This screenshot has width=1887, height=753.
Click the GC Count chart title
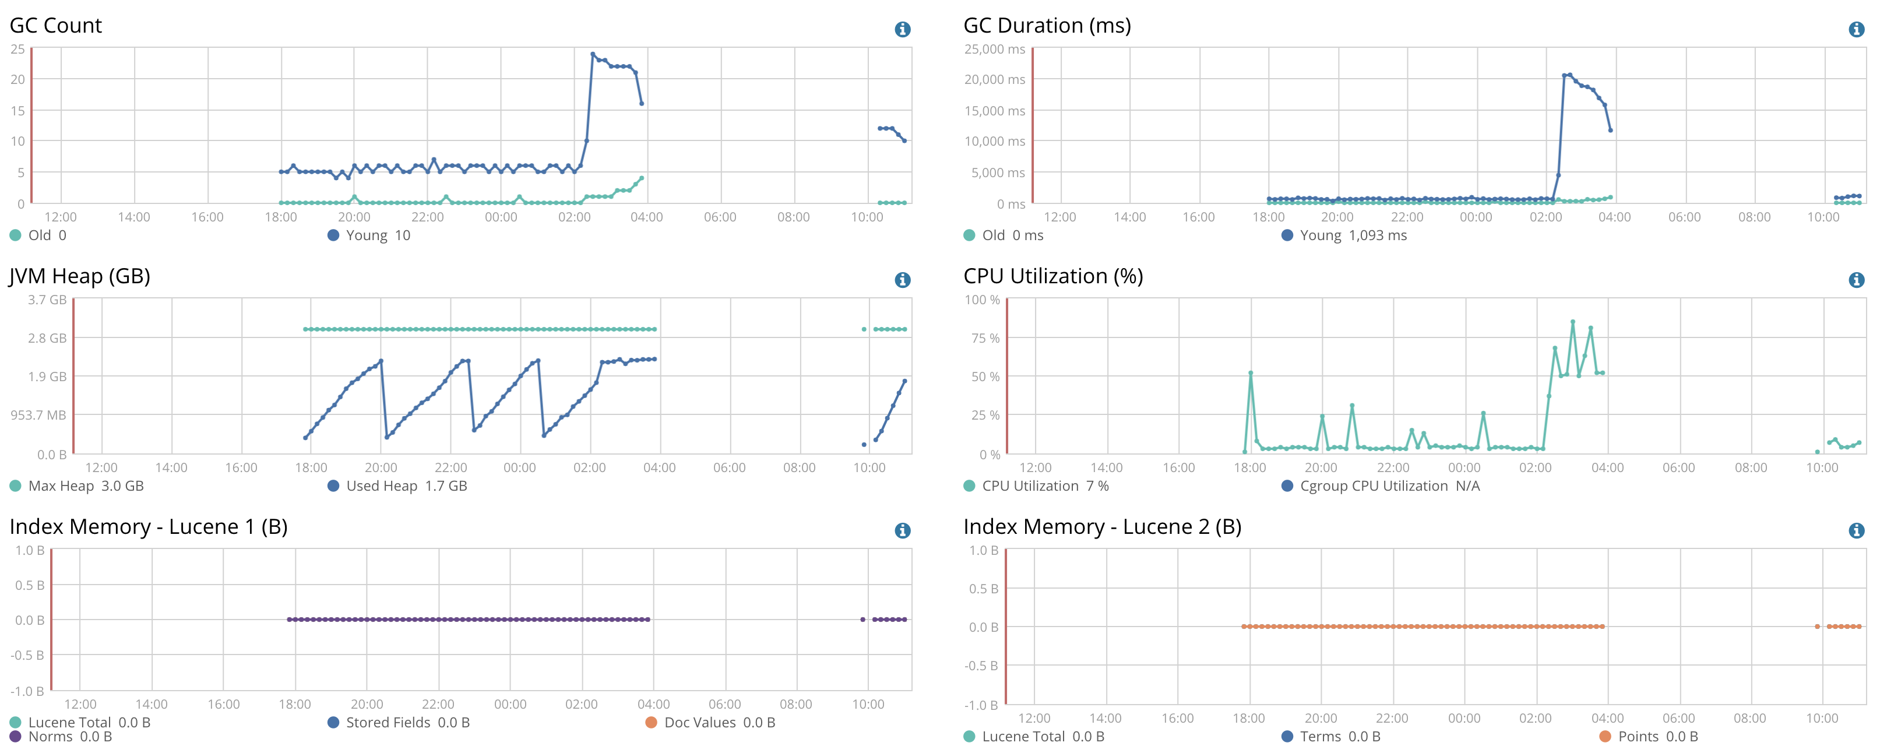(56, 26)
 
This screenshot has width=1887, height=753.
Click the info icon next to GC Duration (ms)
(1856, 29)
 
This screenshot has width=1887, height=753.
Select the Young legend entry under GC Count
(369, 235)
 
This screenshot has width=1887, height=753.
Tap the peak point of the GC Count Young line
(593, 54)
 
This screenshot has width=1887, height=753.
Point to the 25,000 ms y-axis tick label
(994, 49)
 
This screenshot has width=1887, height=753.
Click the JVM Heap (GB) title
(80, 276)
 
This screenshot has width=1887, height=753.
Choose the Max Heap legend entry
(77, 485)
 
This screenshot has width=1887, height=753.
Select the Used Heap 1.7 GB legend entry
(398, 485)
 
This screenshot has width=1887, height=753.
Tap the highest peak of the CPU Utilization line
(1573, 322)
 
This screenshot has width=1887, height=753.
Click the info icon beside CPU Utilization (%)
(1856, 280)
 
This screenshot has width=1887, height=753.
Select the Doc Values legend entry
(710, 722)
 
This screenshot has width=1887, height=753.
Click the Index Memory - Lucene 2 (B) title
(1102, 527)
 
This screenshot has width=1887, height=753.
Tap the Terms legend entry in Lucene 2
(1331, 737)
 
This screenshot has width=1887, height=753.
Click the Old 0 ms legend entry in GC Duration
(1004, 235)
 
